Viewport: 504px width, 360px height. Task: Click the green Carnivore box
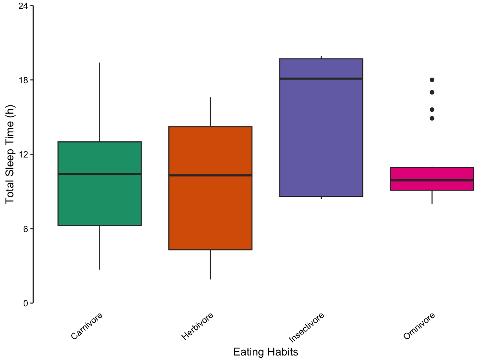click(99, 199)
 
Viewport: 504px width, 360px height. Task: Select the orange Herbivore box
click(210, 214)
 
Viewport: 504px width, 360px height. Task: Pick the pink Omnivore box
click(432, 186)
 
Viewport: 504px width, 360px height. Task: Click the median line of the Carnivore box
click(99, 174)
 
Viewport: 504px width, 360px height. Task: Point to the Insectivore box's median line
click(321, 78)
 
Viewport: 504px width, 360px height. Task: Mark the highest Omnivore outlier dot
click(432, 80)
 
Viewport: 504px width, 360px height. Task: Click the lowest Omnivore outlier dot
click(432, 118)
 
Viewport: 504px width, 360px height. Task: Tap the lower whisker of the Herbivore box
click(210, 264)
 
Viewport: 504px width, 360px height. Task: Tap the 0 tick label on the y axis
click(25, 303)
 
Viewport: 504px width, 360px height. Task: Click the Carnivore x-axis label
click(87, 326)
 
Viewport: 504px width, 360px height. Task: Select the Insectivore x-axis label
click(306, 328)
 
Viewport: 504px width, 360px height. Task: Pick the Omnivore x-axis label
click(419, 326)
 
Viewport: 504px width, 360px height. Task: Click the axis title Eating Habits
click(265, 352)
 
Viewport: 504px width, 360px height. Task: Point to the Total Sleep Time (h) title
click(10, 154)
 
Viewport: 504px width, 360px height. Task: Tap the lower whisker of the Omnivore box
click(432, 197)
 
